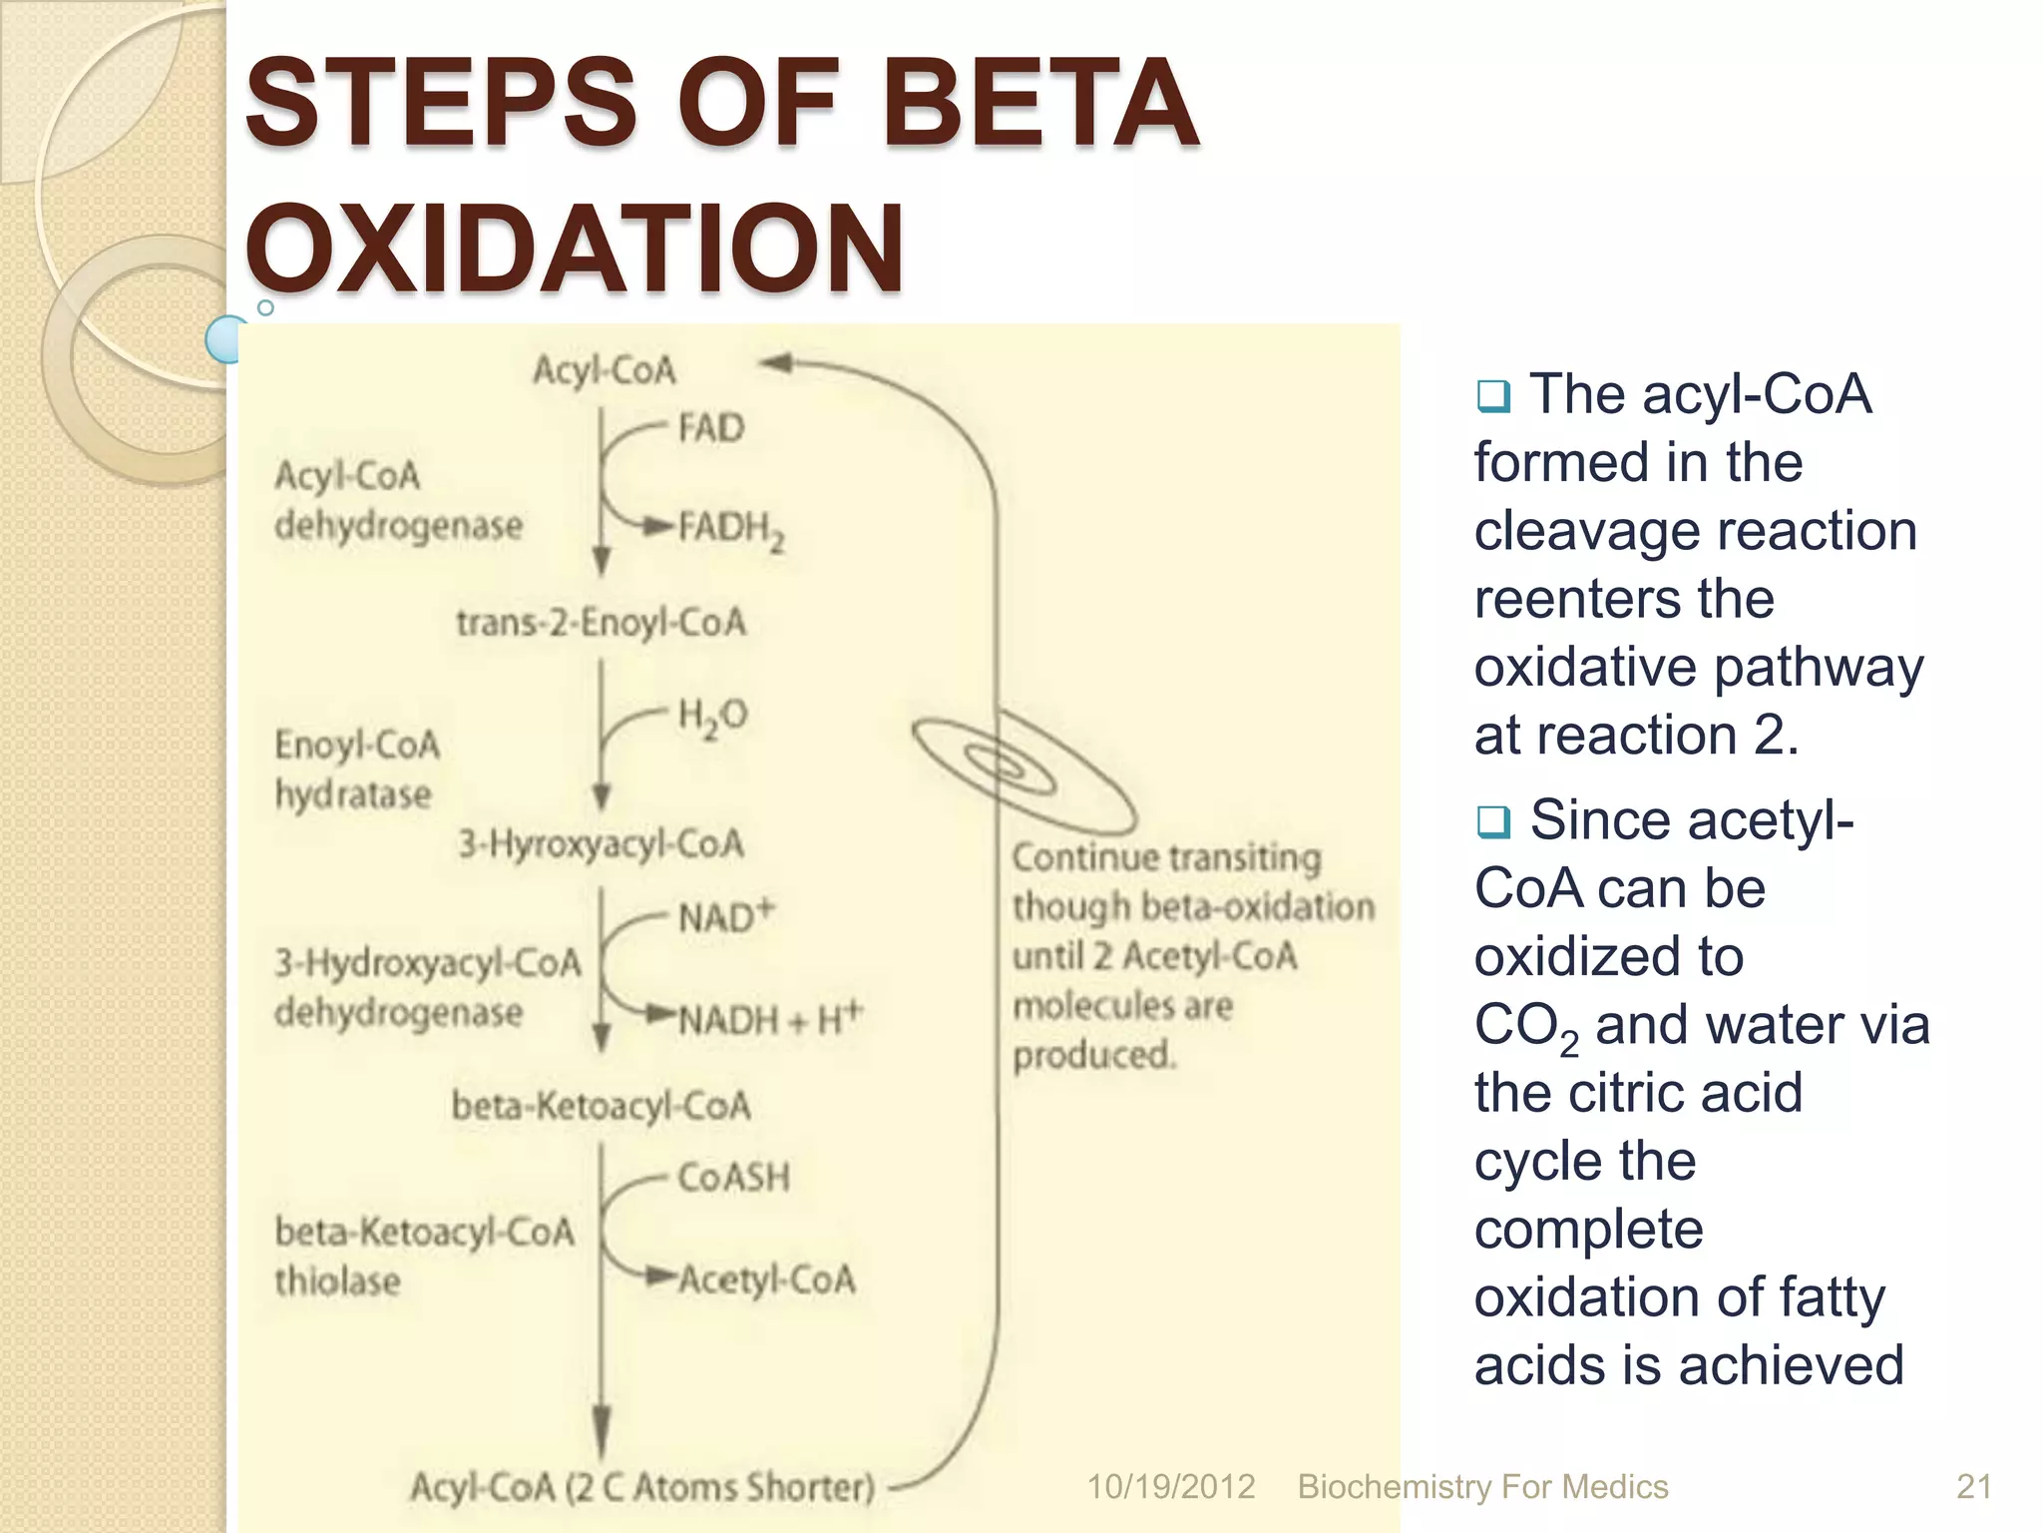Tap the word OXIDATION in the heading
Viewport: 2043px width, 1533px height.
coord(575,249)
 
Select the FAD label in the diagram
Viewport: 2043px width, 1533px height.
coord(711,428)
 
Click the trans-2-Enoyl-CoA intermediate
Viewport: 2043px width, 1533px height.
coord(601,623)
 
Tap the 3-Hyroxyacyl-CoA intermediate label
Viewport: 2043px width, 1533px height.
coord(601,844)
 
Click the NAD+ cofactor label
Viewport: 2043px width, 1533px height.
coord(725,916)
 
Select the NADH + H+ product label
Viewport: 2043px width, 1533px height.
coord(769,1019)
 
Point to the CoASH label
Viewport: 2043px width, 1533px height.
coord(733,1178)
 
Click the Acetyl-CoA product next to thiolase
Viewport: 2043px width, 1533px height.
coord(766,1279)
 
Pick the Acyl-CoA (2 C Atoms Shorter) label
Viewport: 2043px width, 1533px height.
coord(642,1487)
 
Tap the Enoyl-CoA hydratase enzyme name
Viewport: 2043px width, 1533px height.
coord(356,769)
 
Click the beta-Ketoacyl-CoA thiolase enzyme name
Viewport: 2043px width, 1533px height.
coord(424,1257)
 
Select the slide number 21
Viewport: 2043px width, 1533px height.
coord(1973,1487)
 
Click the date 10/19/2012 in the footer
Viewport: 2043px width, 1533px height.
coord(1170,1487)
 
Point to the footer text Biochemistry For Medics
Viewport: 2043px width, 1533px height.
coord(1482,1487)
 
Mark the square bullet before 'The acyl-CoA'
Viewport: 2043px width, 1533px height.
coord(1493,396)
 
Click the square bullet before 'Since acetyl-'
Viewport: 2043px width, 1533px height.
coord(1493,822)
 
